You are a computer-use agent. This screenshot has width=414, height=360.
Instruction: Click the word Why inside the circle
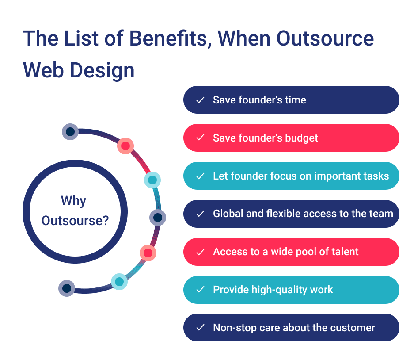tap(73, 201)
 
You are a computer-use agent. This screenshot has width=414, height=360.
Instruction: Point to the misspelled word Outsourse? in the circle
tap(75, 220)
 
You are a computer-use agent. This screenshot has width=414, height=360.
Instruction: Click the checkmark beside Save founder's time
tap(200, 100)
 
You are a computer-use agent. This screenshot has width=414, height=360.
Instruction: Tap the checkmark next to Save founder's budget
tap(200, 138)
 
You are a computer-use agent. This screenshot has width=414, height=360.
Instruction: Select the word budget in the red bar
tap(301, 138)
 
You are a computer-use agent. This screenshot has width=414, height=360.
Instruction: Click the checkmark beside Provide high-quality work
tap(200, 290)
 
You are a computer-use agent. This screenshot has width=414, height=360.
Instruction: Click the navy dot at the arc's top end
tap(70, 131)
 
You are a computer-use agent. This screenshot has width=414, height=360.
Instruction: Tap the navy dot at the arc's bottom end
tap(67, 288)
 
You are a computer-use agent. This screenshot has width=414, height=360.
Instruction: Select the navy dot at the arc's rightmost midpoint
tap(157, 217)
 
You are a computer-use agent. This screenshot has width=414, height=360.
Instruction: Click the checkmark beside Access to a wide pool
tap(200, 252)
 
